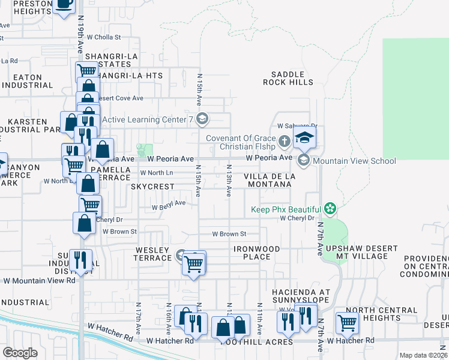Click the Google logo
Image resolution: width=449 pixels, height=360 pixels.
[20, 353]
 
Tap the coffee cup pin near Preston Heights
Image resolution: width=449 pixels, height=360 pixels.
[64, 6]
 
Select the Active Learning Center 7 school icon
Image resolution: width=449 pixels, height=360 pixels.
[202, 118]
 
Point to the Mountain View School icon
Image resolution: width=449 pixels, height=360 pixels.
[304, 160]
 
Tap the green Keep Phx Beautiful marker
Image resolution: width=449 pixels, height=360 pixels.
[329, 209]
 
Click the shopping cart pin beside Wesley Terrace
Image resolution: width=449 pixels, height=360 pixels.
[193, 263]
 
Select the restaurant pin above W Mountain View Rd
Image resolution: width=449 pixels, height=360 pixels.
[80, 260]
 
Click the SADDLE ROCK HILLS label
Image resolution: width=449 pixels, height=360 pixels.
[288, 78]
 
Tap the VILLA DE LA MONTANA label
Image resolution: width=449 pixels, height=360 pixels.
[268, 180]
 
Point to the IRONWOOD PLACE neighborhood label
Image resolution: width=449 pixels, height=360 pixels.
[257, 253]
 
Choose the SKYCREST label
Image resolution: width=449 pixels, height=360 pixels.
[152, 187]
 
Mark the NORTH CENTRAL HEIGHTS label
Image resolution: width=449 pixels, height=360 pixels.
[377, 314]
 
